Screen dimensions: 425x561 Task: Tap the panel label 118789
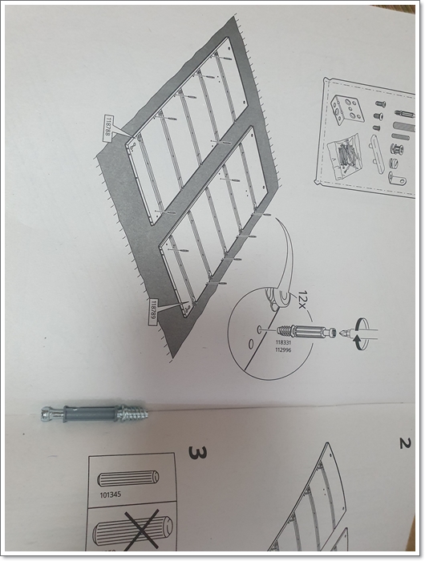tap(154, 311)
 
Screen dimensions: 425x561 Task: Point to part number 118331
tap(283, 342)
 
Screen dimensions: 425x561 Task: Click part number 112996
tap(283, 349)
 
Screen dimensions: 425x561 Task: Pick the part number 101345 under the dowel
tap(111, 494)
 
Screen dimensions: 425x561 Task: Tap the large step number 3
tap(197, 452)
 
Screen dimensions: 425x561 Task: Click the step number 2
tap(405, 444)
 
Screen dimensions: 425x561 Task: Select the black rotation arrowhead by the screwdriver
tap(357, 343)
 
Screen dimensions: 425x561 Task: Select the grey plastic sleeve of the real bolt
tap(90, 414)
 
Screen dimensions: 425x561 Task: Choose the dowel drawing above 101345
tap(127, 478)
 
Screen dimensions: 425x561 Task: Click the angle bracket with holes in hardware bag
tap(346, 107)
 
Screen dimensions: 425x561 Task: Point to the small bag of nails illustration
tap(344, 155)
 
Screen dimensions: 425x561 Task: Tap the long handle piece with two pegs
tap(378, 154)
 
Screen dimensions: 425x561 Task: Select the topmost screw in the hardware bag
tap(380, 104)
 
